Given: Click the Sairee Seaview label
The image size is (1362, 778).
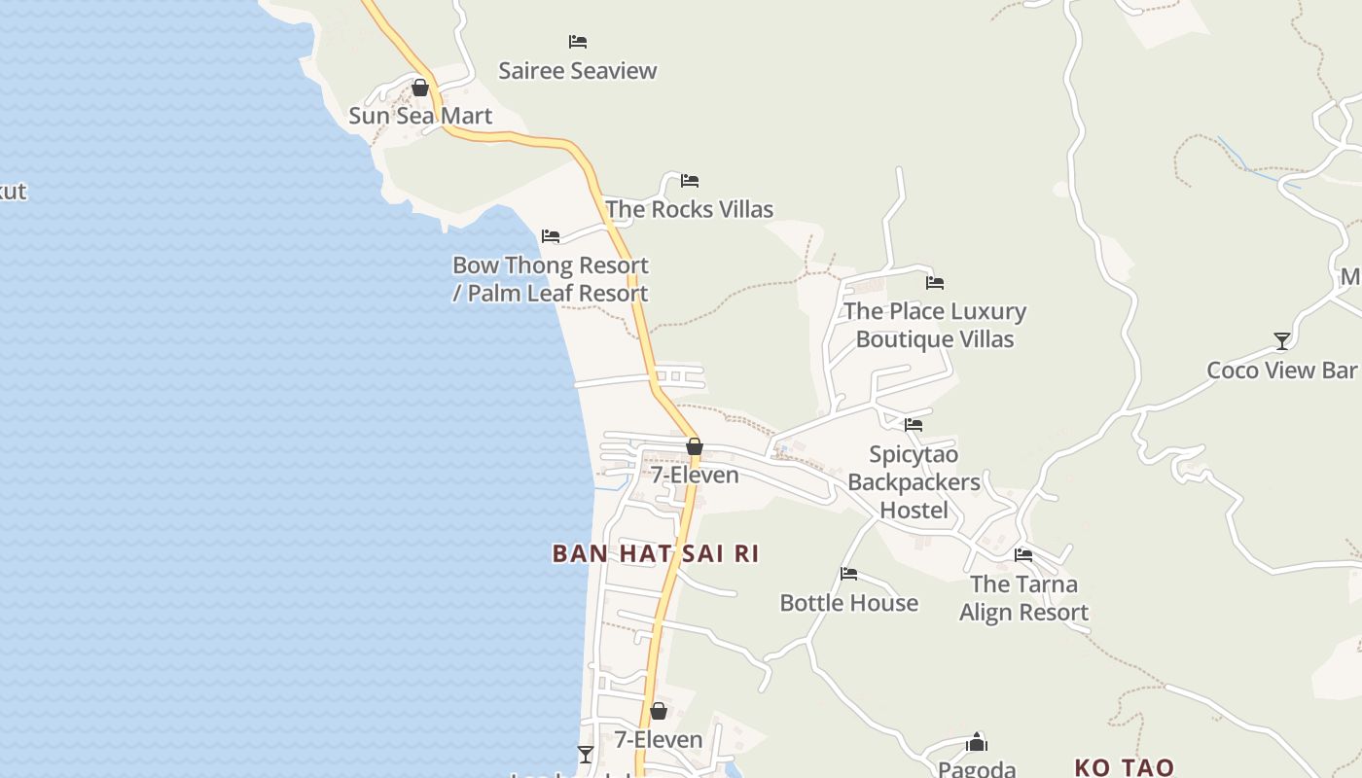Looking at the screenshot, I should pyautogui.click(x=578, y=70).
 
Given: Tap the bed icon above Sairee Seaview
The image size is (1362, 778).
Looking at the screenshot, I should pyautogui.click(x=578, y=42).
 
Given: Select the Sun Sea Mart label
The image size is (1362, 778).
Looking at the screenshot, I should pyautogui.click(x=420, y=116).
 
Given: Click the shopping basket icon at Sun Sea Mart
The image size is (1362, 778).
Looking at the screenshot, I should pyautogui.click(x=420, y=88).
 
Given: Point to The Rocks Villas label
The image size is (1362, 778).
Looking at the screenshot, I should pyautogui.click(x=689, y=209).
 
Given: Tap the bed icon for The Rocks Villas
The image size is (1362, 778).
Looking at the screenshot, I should pyautogui.click(x=690, y=181).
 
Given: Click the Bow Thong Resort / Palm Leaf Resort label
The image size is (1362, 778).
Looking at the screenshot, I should pyautogui.click(x=551, y=279).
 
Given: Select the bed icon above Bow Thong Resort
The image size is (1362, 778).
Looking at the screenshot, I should pyautogui.click(x=551, y=236).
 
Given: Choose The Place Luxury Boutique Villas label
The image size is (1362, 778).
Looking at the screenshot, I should pyautogui.click(x=935, y=325).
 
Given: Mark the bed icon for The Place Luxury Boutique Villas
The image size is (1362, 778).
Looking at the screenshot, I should pyautogui.click(x=935, y=283).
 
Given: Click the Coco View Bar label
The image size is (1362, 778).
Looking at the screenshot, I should pyautogui.click(x=1281, y=370).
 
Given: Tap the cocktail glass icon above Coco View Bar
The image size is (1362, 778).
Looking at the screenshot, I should pyautogui.click(x=1282, y=340).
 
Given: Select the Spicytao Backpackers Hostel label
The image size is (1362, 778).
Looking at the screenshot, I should pyautogui.click(x=914, y=482).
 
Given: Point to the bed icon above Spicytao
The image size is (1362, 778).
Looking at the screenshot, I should pyautogui.click(x=914, y=425).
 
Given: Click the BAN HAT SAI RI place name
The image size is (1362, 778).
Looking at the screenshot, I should pyautogui.click(x=655, y=553).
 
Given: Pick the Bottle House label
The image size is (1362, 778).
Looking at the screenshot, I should pyautogui.click(x=849, y=603).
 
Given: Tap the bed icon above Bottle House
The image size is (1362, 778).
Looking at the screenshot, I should pyautogui.click(x=849, y=574).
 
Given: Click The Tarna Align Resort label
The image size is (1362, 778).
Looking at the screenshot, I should pyautogui.click(x=1023, y=598).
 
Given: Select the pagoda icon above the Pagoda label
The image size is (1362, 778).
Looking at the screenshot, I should pyautogui.click(x=977, y=743).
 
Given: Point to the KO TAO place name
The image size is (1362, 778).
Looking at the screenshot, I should pyautogui.click(x=1125, y=767).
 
